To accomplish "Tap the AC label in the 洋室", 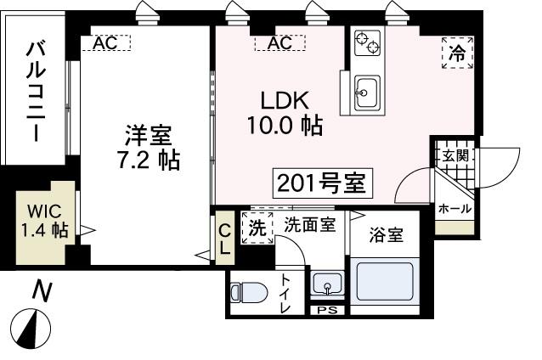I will click(106, 42).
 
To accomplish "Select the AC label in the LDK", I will click(279, 42).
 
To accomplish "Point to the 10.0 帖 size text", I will click(285, 126).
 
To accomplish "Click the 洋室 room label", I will click(148, 135).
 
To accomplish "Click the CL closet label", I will click(224, 238).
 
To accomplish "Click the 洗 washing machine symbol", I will click(257, 227).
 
